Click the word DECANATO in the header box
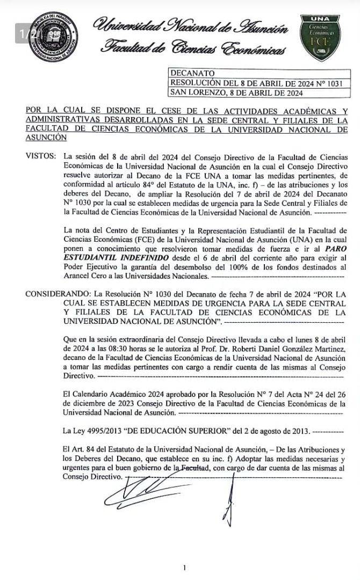click(x=192, y=73)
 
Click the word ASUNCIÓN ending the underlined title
click(x=46, y=137)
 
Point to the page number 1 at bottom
click(x=184, y=568)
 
